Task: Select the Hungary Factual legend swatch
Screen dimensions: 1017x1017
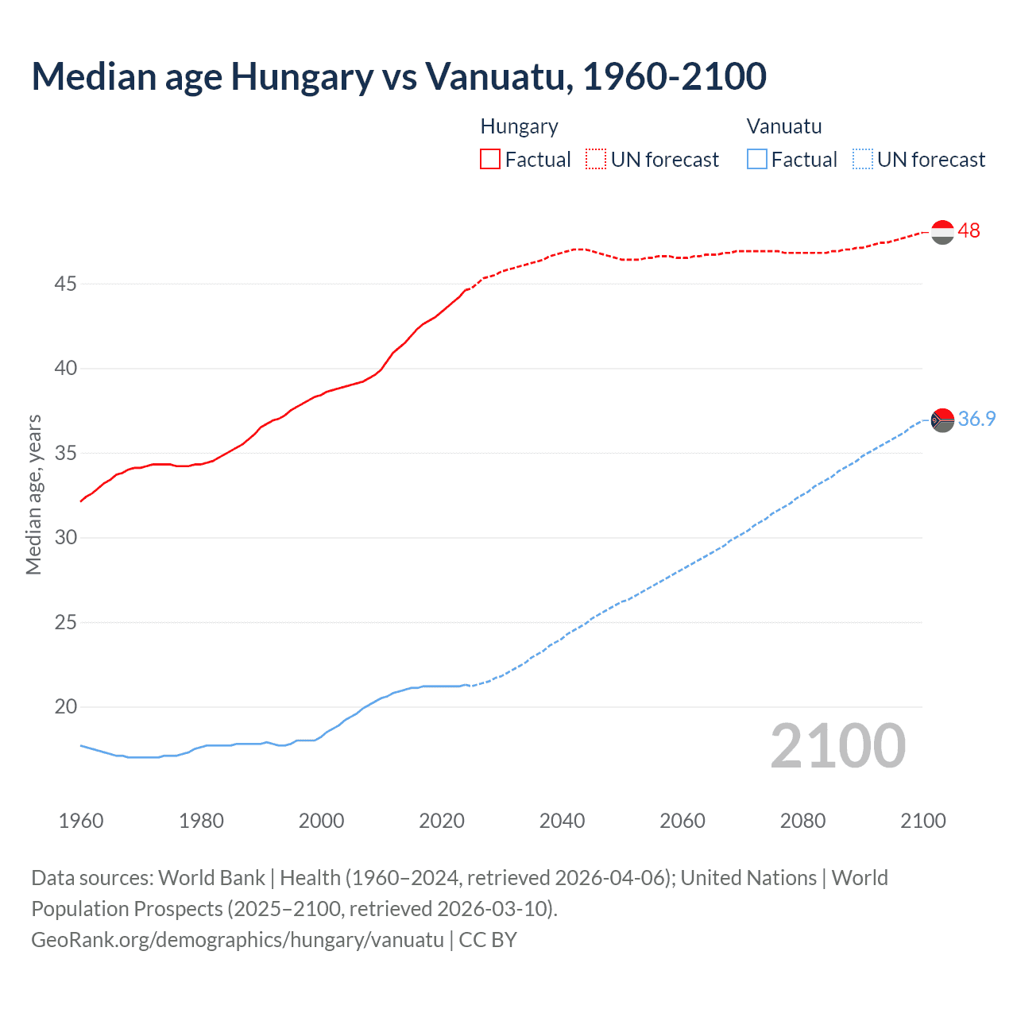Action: point(490,160)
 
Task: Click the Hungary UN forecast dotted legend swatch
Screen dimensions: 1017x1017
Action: point(596,160)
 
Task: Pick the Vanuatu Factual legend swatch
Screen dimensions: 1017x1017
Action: point(757,160)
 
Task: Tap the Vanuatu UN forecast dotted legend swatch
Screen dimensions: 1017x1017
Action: point(862,160)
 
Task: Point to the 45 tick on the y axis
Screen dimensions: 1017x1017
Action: point(65,284)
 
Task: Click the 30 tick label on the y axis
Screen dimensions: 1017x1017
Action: point(65,538)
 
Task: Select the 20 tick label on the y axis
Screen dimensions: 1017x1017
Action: point(65,707)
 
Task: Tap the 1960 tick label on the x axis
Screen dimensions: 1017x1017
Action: point(81,821)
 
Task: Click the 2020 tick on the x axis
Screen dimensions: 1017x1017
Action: point(442,821)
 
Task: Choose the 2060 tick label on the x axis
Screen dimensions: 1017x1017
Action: point(683,821)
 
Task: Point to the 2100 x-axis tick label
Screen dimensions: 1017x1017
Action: point(922,821)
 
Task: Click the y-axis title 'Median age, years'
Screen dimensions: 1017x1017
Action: point(33,494)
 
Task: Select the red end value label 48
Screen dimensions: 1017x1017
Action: point(969,231)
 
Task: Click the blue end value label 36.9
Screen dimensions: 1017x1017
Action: point(976,420)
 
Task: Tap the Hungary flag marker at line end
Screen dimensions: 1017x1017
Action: point(942,232)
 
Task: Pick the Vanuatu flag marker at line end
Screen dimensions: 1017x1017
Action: point(942,420)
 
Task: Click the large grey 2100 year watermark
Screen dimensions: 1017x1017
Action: point(837,746)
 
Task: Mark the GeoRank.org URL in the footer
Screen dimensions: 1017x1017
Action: point(238,940)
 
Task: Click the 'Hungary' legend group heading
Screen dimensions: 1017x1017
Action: point(519,126)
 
